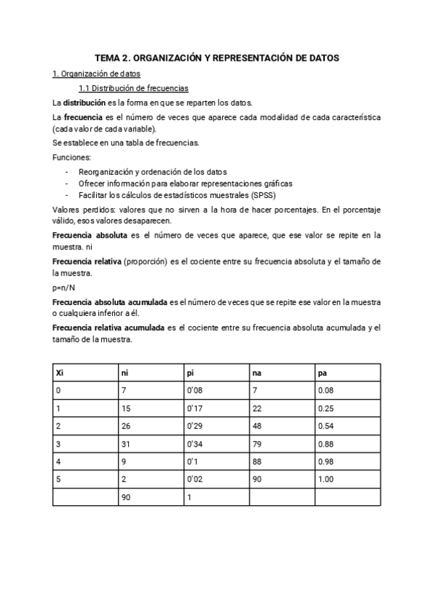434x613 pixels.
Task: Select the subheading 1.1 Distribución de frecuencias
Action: click(x=134, y=88)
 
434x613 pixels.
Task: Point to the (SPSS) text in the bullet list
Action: click(x=262, y=195)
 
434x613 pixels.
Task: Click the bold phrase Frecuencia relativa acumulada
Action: click(x=109, y=327)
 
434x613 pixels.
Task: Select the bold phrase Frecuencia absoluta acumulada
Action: click(x=110, y=301)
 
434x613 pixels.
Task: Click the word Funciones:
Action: click(x=71, y=157)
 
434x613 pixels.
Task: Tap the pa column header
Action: click(x=321, y=373)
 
